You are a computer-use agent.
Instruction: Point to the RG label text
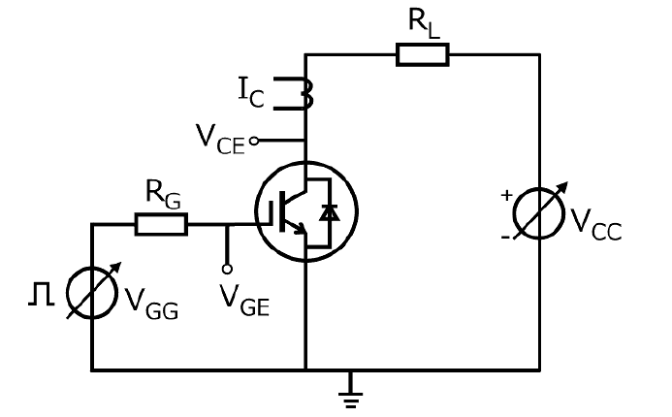click(163, 195)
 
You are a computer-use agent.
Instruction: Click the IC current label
click(251, 92)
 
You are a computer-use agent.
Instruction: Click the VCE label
click(220, 140)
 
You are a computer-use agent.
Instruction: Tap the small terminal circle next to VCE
click(254, 141)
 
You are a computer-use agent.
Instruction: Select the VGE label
click(244, 301)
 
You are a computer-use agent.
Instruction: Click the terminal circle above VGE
click(227, 270)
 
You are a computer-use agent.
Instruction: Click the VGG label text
click(151, 305)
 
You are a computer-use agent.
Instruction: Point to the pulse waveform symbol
click(42, 294)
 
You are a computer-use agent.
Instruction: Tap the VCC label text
click(596, 225)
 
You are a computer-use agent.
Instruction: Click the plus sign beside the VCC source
click(506, 195)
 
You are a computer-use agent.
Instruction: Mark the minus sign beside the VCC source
click(506, 237)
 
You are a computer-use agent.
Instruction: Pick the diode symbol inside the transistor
click(330, 212)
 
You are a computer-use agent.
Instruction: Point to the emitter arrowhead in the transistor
click(302, 229)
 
